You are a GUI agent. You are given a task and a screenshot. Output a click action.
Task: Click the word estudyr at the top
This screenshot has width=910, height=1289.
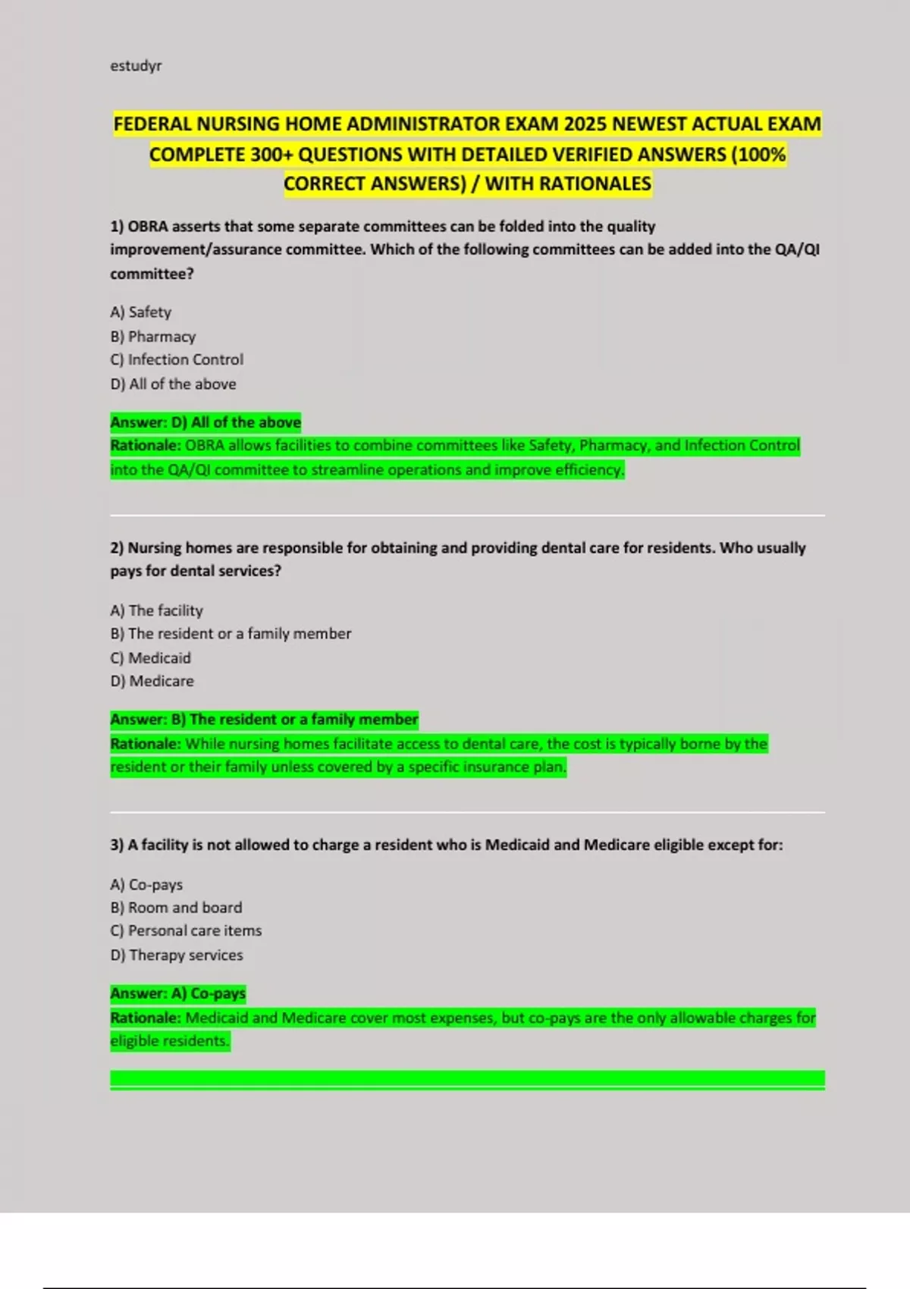[136, 66]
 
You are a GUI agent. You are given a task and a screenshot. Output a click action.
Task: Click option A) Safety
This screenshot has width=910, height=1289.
[141, 312]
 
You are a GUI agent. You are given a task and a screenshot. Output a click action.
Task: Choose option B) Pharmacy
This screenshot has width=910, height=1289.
[153, 337]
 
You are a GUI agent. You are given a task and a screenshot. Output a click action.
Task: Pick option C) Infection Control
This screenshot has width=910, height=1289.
[177, 360]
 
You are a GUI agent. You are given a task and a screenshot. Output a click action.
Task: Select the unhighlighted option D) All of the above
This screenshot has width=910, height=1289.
[173, 384]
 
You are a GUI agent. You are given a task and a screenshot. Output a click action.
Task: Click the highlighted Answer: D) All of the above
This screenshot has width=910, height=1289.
[206, 422]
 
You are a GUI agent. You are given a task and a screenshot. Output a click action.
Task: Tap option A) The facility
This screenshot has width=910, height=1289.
[157, 610]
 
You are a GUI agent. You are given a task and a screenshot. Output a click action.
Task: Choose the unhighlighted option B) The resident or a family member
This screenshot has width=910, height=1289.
[231, 634]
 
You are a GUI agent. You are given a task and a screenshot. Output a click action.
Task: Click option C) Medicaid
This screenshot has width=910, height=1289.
[151, 658]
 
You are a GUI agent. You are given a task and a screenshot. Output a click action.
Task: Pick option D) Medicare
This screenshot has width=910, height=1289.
[152, 682]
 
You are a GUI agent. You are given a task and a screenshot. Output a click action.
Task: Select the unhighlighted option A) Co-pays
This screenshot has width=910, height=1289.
[146, 885]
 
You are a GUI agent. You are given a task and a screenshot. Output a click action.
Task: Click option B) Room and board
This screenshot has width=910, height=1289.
[176, 908]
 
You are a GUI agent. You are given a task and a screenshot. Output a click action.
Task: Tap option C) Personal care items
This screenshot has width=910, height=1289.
[186, 931]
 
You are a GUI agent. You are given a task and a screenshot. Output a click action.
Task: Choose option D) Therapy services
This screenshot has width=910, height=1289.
[177, 955]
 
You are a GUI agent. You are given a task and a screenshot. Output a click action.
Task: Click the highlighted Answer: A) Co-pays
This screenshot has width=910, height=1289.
[178, 993]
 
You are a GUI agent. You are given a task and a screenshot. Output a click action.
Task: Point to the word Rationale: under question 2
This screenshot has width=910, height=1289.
[146, 744]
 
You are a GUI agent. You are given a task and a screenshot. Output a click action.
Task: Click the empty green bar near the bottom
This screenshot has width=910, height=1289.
[467, 1080]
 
